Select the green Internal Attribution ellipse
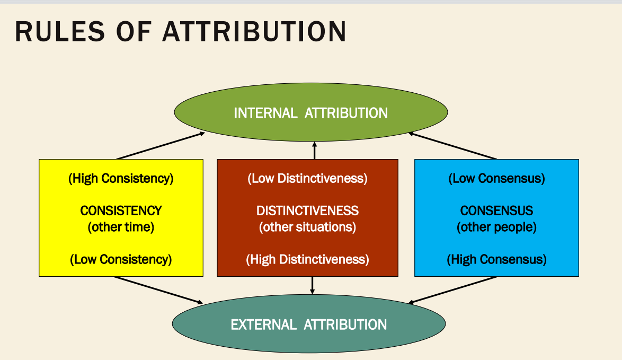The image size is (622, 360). tap(310, 113)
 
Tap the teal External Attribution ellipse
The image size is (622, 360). tap(309, 324)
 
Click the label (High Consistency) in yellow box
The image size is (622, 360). tap(121, 178)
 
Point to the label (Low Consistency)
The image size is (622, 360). tap(121, 259)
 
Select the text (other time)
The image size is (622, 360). tap(121, 227)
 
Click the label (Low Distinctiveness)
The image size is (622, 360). tap(307, 178)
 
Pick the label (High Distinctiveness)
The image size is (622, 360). tap(307, 259)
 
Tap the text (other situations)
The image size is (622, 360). tap(307, 227)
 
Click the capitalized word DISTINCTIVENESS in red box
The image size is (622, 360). tap(307, 210)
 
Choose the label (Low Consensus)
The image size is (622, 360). tap(496, 178)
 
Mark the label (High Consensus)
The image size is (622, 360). tap(496, 259)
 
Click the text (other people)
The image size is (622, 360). tap(496, 227)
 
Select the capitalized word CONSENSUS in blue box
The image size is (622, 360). tap(496, 210)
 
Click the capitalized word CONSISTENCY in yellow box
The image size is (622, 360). tap(121, 210)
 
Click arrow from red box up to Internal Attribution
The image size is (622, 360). tap(314, 151)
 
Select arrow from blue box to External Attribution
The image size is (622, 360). tap(453, 290)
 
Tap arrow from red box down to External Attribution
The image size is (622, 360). tap(312, 285)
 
